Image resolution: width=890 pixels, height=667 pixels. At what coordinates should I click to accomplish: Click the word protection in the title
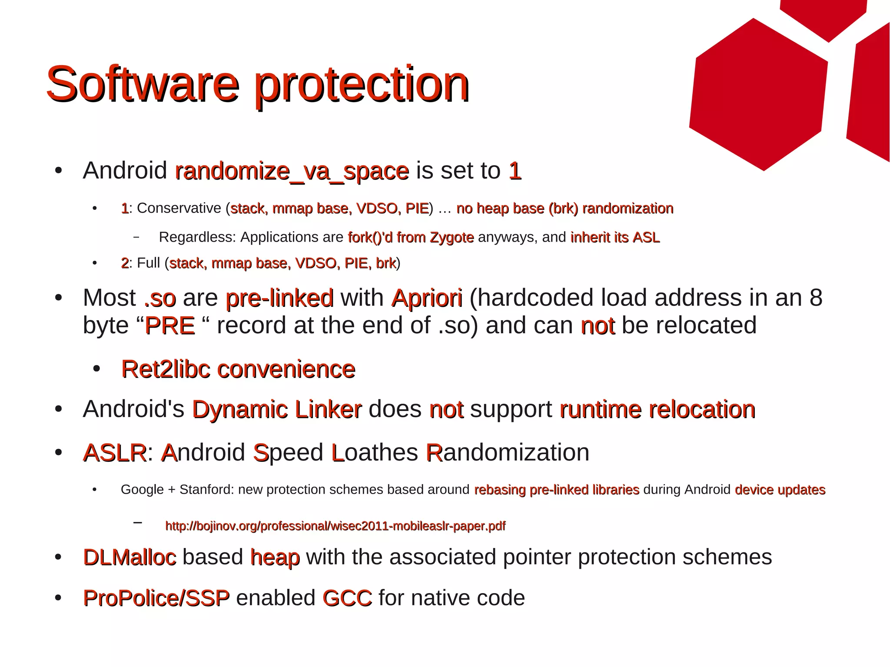362,85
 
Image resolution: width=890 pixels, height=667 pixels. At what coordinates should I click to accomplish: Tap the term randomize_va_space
292,171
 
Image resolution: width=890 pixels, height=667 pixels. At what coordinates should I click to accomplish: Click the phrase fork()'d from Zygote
411,237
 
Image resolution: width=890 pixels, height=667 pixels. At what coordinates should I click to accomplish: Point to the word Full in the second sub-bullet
149,263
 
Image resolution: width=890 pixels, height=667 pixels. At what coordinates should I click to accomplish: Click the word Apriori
427,298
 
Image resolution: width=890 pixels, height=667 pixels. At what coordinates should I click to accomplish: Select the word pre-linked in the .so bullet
279,298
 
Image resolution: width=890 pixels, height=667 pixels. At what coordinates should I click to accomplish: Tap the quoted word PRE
169,326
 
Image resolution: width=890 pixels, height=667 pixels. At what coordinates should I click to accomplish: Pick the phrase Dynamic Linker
276,409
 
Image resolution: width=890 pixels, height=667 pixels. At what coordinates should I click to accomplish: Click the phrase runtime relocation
658,409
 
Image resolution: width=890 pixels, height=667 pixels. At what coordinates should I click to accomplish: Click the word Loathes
375,453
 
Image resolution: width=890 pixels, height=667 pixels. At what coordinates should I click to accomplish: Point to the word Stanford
206,490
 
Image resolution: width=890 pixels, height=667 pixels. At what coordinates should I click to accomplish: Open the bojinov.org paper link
335,526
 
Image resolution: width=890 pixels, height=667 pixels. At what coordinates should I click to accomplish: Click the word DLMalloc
130,557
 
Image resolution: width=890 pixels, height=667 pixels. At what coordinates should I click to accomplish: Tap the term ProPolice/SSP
156,598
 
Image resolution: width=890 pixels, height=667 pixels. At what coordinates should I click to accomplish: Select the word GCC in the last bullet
347,598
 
